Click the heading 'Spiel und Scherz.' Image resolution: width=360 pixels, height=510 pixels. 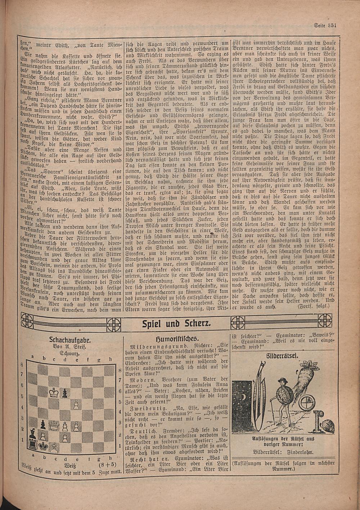[176, 323]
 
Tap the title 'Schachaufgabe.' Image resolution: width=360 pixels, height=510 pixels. [70, 339]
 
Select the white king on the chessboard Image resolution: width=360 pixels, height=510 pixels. [54, 392]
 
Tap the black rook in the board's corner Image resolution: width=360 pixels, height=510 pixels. [33, 445]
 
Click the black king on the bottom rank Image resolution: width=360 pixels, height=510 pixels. [44, 446]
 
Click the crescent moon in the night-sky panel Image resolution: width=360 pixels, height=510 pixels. [244, 397]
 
